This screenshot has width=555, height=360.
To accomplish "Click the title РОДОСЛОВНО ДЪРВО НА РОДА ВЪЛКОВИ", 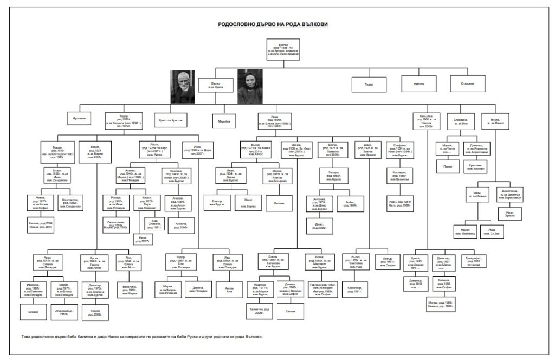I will pos(273,25).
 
